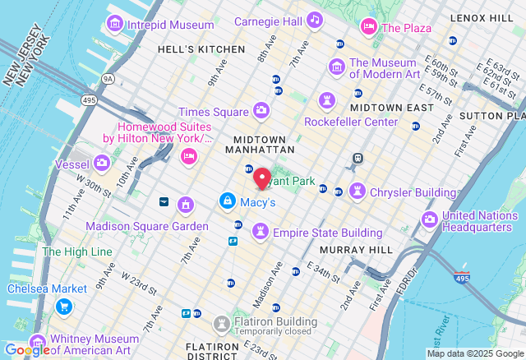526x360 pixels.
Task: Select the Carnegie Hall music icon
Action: click(x=315, y=21)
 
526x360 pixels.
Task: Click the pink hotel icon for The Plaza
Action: click(x=369, y=28)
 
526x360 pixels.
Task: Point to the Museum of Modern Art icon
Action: click(x=336, y=66)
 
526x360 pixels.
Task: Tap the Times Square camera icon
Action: click(x=261, y=111)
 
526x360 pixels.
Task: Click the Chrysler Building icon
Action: click(x=357, y=192)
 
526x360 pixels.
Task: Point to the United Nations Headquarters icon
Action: click(x=430, y=219)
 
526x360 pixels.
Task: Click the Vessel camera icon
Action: click(x=102, y=163)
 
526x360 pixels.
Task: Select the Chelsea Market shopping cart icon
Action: click(x=63, y=307)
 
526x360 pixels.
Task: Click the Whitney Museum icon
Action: click(x=37, y=343)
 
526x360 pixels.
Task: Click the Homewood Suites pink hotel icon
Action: click(x=188, y=156)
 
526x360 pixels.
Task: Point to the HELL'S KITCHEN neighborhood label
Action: click(x=201, y=49)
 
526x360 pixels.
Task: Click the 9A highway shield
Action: click(x=108, y=79)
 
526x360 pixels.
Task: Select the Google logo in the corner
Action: click(x=26, y=350)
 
